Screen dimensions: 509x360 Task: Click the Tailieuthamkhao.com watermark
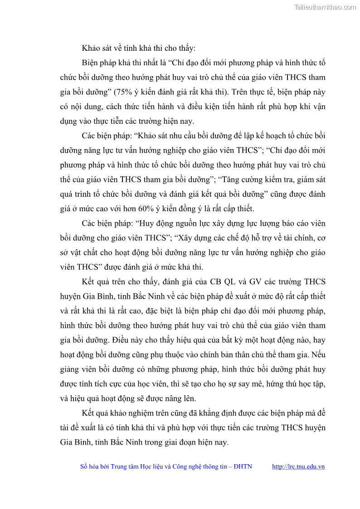(x=325, y=7)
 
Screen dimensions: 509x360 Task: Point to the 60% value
(x=140, y=208)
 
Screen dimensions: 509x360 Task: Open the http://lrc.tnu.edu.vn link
(x=298, y=466)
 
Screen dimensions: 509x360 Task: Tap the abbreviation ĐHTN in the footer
(x=243, y=466)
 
